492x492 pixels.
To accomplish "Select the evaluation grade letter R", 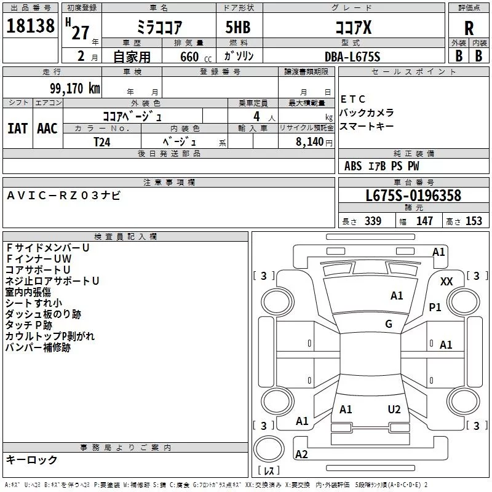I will tap(469, 28).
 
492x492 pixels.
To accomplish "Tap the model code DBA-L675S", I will tap(352, 57).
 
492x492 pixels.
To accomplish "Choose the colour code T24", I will tap(103, 141).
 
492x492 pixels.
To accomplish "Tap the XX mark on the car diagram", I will tap(447, 281).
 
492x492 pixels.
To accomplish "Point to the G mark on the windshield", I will tap(388, 324).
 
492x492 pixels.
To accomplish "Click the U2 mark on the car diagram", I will tap(394, 410).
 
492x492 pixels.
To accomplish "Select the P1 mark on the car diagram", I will tap(435, 307).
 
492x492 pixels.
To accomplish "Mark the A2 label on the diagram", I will tap(301, 454).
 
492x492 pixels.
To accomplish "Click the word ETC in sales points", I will tap(353, 99).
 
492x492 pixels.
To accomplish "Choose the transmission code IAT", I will tap(17, 129).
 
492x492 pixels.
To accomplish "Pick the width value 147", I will tap(424, 221).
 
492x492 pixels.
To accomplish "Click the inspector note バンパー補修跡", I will tap(38, 347).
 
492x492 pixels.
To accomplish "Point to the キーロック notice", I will tap(31, 459).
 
